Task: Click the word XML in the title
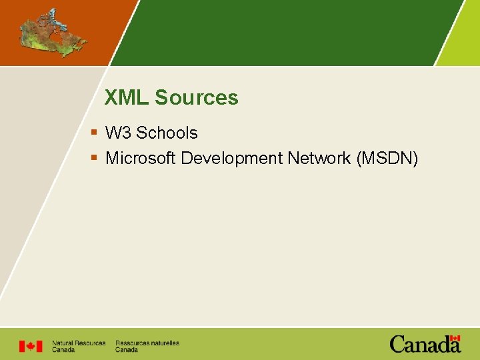(x=127, y=98)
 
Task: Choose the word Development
(x=232, y=158)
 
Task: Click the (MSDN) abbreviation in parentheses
(x=388, y=158)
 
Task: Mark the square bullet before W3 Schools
(x=95, y=133)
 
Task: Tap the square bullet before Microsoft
(x=95, y=158)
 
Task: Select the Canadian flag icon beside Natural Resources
(x=30, y=346)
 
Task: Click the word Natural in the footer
(x=63, y=343)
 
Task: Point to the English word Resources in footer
(x=90, y=343)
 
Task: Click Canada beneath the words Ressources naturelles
(x=127, y=350)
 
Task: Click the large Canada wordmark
(x=424, y=345)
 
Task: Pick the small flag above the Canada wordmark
(x=455, y=338)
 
